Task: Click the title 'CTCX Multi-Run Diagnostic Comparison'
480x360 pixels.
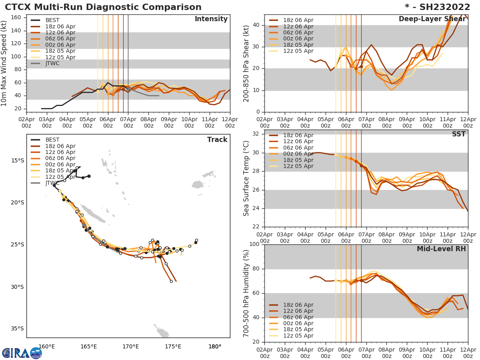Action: (x=103, y=7)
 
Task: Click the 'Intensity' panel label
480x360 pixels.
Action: (x=211, y=19)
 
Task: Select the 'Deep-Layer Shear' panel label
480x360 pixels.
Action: (x=432, y=19)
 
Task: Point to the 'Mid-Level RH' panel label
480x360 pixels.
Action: (x=441, y=249)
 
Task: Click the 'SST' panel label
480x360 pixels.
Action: (x=458, y=134)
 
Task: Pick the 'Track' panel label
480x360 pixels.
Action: (x=217, y=140)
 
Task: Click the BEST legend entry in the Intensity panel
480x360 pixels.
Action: (x=52, y=20)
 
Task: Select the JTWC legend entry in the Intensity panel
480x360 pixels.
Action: (x=52, y=64)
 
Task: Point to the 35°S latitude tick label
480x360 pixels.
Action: (x=17, y=329)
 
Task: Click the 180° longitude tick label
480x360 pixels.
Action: (x=215, y=346)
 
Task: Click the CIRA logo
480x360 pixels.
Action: (x=22, y=353)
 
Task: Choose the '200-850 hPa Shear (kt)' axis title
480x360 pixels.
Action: (x=246, y=64)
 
